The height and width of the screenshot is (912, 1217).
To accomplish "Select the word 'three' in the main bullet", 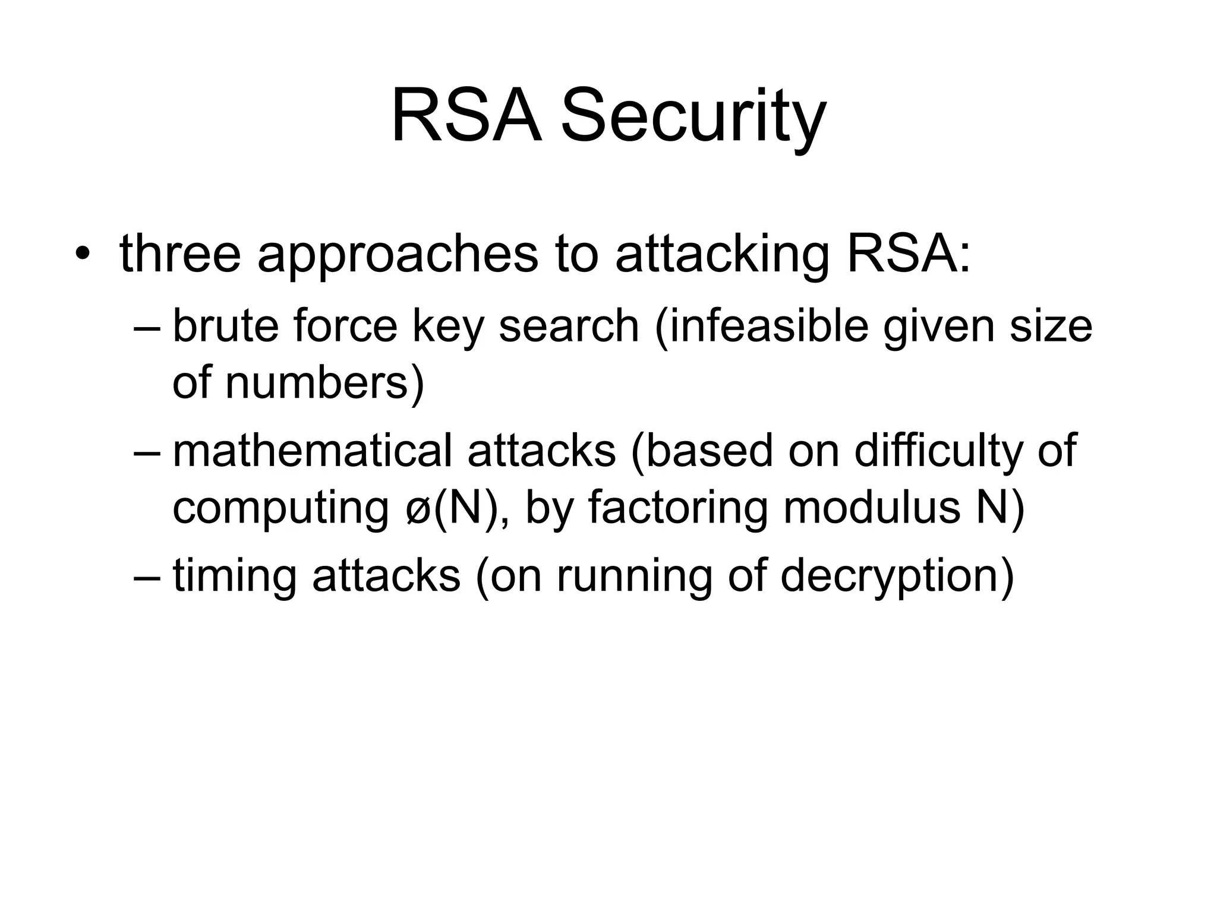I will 180,254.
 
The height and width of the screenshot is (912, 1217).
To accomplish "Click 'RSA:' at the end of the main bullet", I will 908,254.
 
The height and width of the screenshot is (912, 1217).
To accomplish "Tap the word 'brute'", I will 225,326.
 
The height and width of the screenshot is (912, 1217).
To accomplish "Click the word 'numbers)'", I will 326,383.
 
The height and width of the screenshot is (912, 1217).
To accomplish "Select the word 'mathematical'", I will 312,450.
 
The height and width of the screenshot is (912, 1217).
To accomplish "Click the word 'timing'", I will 234,576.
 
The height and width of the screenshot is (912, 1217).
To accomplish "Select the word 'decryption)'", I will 897,576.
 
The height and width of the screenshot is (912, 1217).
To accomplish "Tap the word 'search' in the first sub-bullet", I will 569,326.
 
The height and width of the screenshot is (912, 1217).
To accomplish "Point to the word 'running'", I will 633,576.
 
